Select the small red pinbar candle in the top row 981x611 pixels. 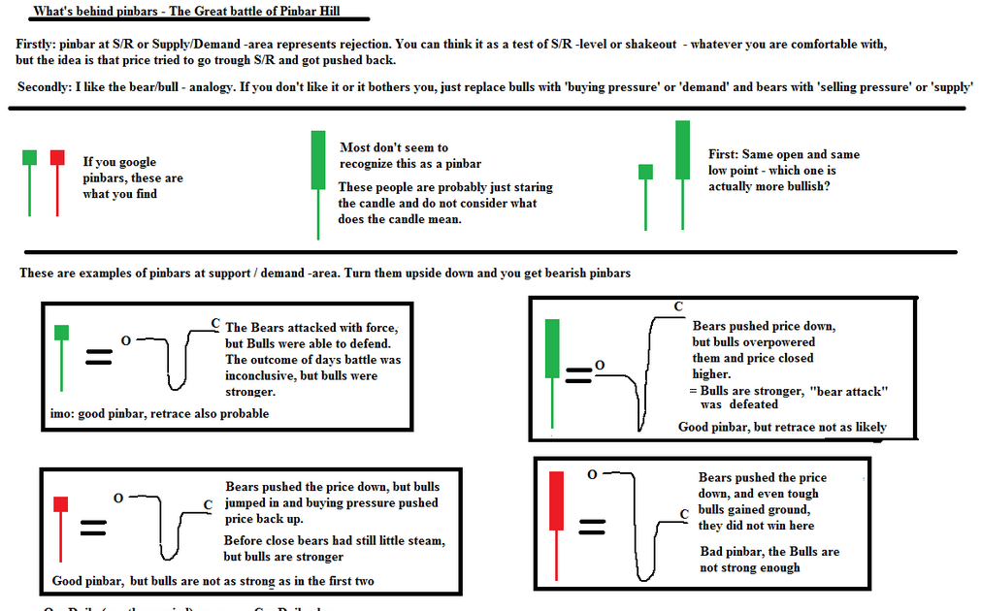pyautogui.click(x=57, y=157)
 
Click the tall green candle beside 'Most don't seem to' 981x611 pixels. pyautogui.click(x=317, y=160)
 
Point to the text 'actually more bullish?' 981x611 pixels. pyautogui.click(x=768, y=185)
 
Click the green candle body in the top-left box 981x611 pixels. pyautogui.click(x=61, y=333)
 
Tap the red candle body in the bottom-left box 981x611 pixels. pyautogui.click(x=61, y=503)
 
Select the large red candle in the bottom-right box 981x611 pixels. pyautogui.click(x=557, y=501)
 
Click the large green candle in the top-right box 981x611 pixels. pyautogui.click(x=553, y=347)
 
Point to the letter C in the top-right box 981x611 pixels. pyautogui.click(x=677, y=306)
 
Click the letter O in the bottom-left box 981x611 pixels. pyautogui.click(x=117, y=498)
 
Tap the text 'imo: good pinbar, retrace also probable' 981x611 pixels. pyautogui.click(x=159, y=413)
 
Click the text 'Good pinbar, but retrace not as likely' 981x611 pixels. pyautogui.click(x=782, y=427)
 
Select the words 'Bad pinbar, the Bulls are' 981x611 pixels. pyautogui.click(x=769, y=551)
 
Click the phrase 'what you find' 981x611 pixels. pyautogui.click(x=119, y=194)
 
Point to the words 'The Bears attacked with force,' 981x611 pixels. pyautogui.click(x=311, y=328)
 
